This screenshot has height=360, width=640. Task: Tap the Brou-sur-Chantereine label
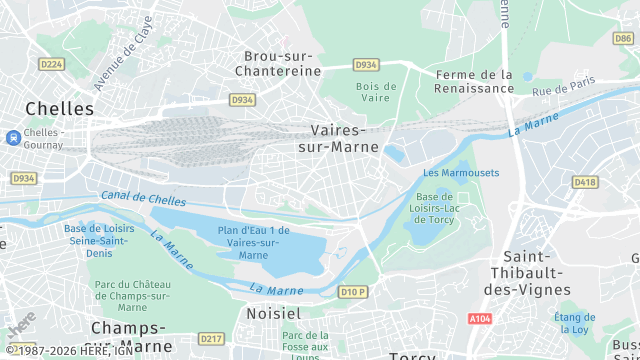click(277, 63)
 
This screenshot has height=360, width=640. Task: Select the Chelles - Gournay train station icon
click(11, 137)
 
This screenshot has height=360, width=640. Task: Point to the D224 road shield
click(51, 64)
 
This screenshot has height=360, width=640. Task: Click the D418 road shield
click(584, 182)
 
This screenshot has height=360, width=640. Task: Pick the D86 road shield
click(622, 38)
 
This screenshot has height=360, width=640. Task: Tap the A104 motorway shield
click(481, 319)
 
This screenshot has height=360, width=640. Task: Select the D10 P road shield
click(352, 292)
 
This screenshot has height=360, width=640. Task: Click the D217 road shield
click(211, 338)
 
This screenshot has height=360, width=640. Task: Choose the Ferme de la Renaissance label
click(473, 81)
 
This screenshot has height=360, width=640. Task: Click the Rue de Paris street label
click(564, 86)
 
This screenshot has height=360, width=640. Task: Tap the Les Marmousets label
click(461, 173)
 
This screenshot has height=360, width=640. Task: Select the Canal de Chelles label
click(143, 198)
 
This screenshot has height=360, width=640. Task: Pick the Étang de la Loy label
click(574, 323)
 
